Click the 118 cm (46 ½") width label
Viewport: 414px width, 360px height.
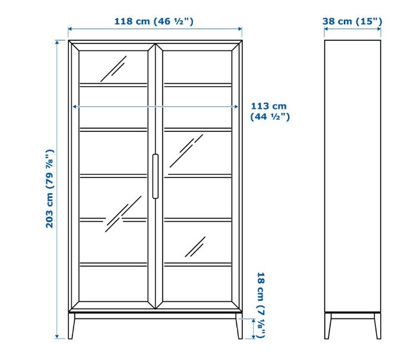pos(154,21)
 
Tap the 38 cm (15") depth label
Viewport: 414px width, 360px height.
pos(352,21)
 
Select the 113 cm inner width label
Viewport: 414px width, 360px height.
pos(270,111)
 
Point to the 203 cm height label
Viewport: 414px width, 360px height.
pos(50,188)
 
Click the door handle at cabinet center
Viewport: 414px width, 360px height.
pos(155,176)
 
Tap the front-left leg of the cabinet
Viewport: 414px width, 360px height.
pos(71,327)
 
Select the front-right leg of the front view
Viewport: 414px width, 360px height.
pos(239,327)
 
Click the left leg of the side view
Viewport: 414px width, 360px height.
pos(327,326)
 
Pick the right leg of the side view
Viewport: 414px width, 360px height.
pos(377,326)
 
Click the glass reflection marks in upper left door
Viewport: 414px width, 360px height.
pos(113,69)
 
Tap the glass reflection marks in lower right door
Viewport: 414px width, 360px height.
pos(195,247)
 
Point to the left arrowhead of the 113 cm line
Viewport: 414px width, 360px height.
pos(74,106)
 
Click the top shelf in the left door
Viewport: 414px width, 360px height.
pos(113,84)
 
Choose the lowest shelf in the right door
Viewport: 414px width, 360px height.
pos(197,264)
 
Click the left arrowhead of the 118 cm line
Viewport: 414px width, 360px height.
pos(70,29)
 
